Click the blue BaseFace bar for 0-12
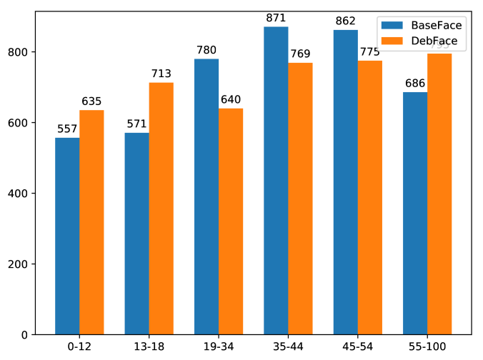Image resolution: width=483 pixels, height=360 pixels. point(67,236)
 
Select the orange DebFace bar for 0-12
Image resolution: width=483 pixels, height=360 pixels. point(91,222)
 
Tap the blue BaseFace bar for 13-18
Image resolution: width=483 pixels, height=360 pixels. point(136,234)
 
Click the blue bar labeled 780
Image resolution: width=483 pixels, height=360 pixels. point(206,196)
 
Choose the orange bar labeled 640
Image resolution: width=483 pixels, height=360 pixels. point(231,221)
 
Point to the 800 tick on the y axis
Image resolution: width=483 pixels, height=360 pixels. point(34,52)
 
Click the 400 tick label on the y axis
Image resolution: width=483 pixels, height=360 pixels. point(34,194)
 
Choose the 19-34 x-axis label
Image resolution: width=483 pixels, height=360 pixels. point(219,346)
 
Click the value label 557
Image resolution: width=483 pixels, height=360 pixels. point(67,129)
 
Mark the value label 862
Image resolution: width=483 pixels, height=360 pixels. point(346,21)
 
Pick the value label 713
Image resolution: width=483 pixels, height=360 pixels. point(161,74)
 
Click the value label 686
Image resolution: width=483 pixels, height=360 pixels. point(415,84)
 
